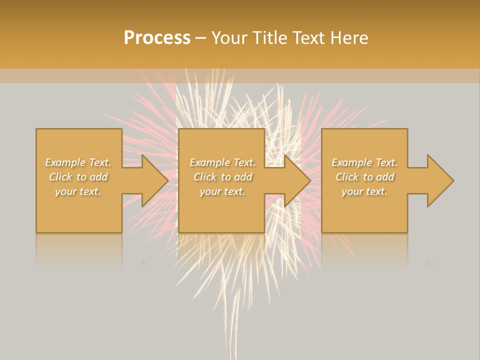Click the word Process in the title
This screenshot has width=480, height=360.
[x=157, y=38]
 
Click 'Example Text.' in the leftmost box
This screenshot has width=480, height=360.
[x=78, y=162]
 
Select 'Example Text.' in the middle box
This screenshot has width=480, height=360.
[x=222, y=162]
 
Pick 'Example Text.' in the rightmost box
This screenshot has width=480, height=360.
[x=364, y=162]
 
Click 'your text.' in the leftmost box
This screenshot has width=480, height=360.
[x=78, y=191]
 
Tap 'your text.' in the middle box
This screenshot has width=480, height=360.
[x=222, y=191]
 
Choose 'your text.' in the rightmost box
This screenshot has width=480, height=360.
[x=364, y=191]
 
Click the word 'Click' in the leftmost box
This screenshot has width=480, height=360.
[x=60, y=177]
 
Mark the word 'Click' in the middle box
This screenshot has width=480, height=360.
[x=205, y=177]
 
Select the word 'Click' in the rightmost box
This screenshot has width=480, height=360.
[x=347, y=177]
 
